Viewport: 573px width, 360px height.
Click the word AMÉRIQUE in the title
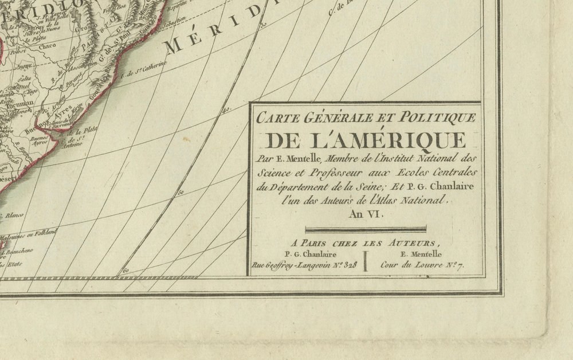[402, 140]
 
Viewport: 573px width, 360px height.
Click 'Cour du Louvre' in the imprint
[411, 265]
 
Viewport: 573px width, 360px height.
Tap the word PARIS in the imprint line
[320, 242]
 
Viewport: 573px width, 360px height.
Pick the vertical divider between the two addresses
[366, 258]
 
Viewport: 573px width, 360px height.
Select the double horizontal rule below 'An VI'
[366, 229]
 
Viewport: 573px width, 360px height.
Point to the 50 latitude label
[180, 192]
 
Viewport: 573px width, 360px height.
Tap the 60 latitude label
[126, 269]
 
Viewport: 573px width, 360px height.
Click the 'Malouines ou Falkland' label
[29, 232]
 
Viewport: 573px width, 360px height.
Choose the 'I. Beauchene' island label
[20, 250]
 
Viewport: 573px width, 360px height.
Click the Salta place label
[23, 78]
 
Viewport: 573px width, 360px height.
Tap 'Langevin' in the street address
[308, 265]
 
